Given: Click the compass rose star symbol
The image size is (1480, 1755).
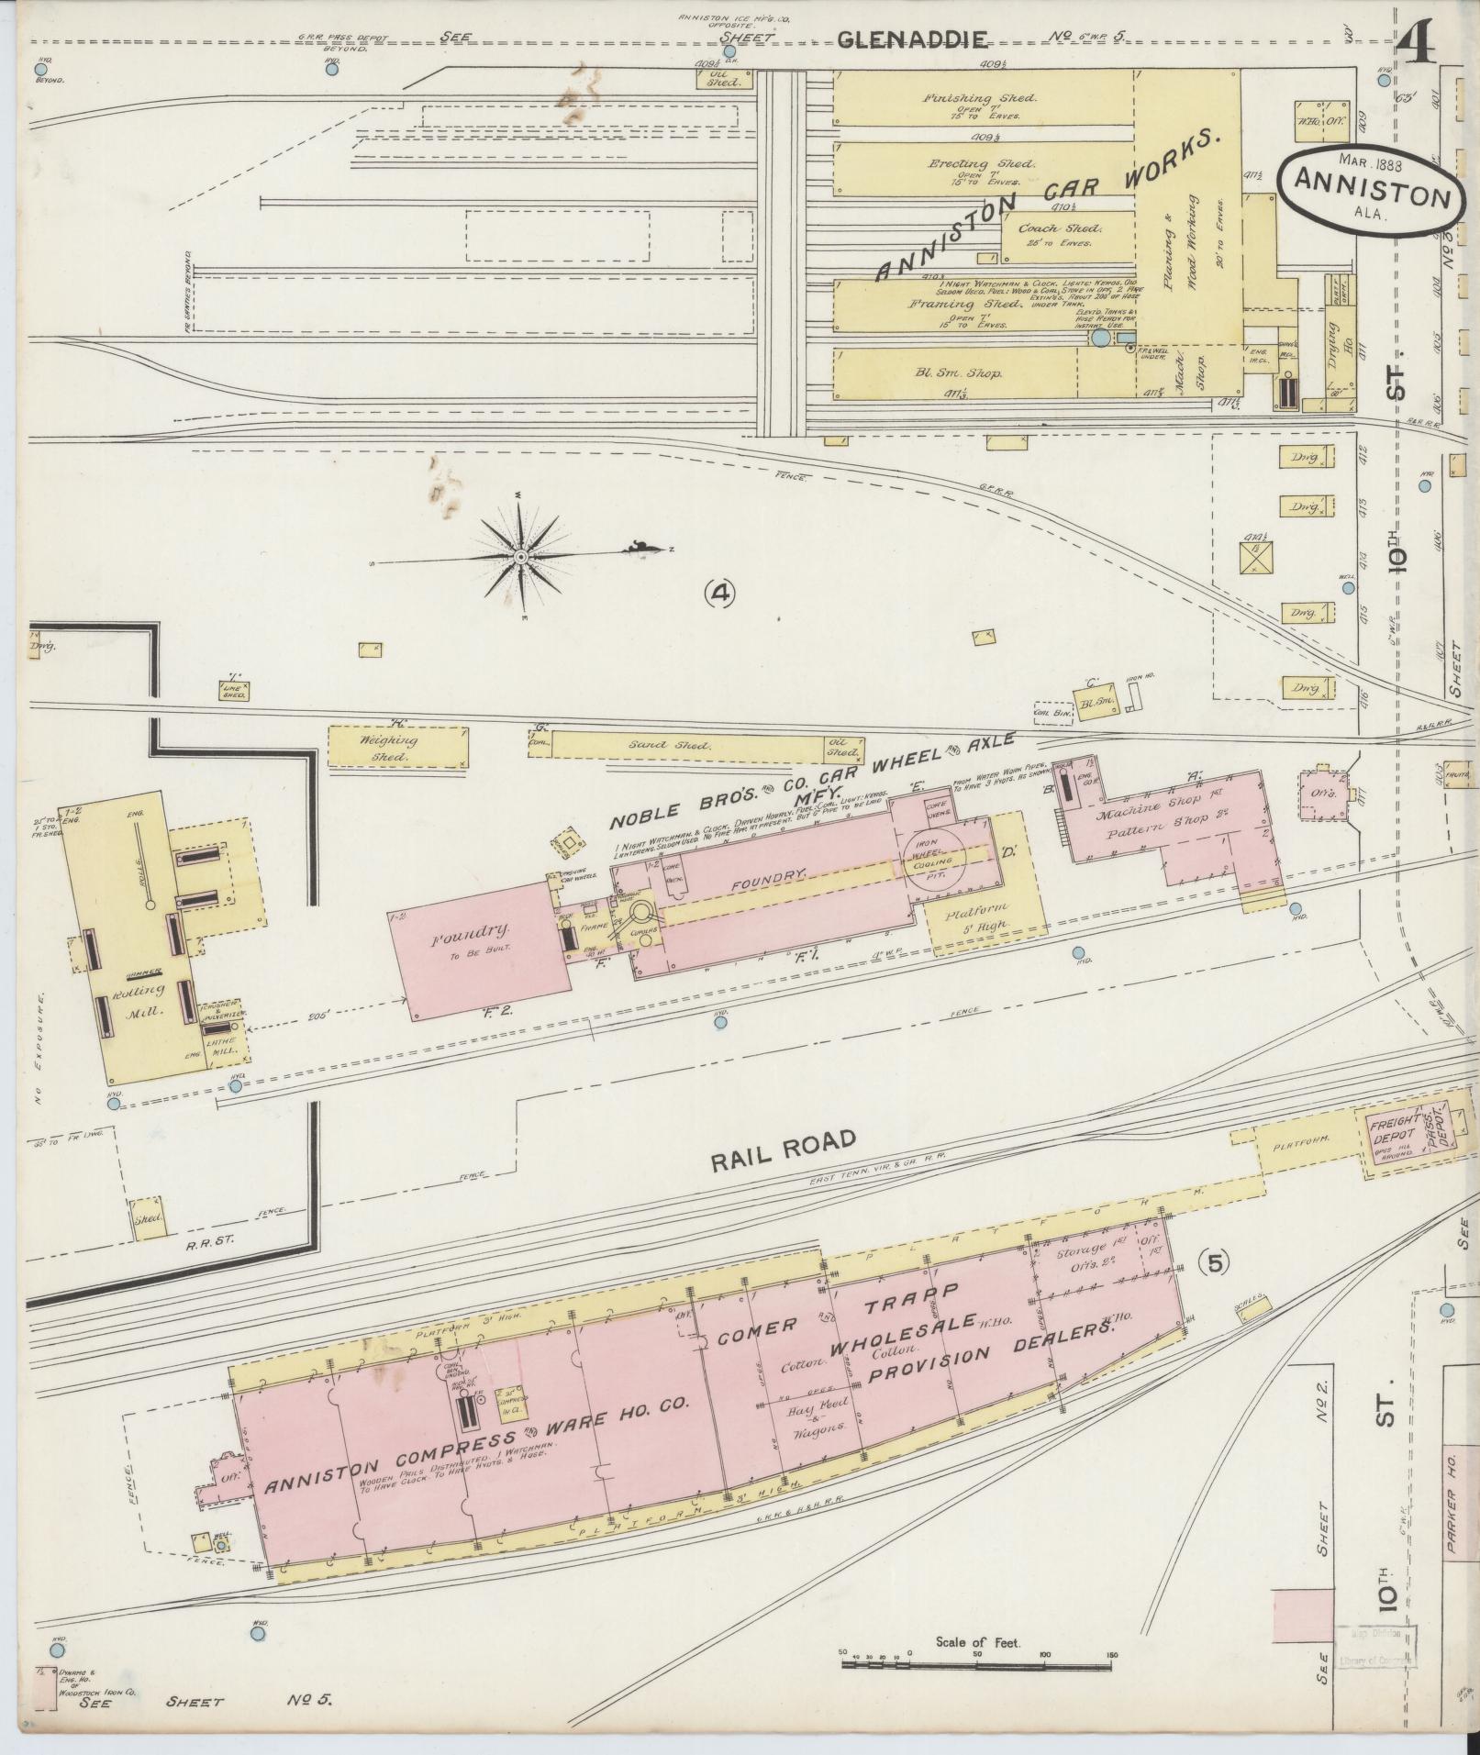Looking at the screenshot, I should [x=519, y=557].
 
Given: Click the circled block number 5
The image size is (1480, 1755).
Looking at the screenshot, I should [x=1215, y=1263].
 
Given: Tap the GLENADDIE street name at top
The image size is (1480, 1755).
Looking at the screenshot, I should [x=914, y=39].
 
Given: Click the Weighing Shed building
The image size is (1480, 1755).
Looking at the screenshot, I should [x=396, y=748].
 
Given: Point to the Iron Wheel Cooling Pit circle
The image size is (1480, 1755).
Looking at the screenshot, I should [x=940, y=855].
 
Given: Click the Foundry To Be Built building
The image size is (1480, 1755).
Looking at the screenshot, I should [x=482, y=947].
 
